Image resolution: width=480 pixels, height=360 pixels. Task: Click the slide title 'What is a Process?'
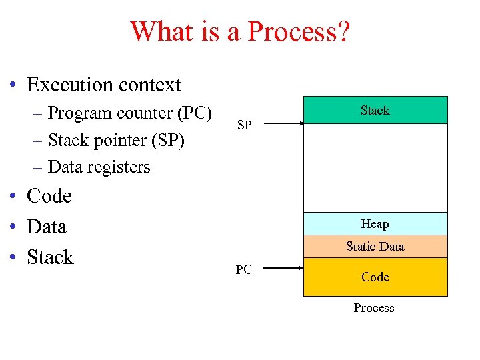(239, 31)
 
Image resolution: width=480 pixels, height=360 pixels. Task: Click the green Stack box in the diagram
(375, 110)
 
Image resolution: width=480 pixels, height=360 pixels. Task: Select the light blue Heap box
(375, 224)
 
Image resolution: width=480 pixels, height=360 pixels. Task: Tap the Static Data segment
(375, 247)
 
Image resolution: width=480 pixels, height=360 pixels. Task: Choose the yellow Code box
(375, 277)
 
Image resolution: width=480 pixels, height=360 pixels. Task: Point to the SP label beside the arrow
(245, 125)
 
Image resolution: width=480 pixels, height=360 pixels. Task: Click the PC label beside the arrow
(244, 270)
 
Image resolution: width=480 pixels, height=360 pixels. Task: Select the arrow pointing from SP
(281, 123)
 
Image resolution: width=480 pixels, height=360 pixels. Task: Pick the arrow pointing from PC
(281, 269)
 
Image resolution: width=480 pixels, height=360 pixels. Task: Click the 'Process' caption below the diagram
(374, 308)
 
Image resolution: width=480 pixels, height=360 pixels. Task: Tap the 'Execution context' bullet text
(104, 85)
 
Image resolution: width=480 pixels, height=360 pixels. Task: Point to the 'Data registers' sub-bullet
(99, 167)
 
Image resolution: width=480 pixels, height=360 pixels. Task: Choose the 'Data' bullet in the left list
(47, 227)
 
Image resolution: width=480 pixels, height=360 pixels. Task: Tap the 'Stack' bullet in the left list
(50, 257)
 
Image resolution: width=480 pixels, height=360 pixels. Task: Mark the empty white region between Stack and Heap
(375, 168)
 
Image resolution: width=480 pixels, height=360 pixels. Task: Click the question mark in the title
(341, 31)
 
